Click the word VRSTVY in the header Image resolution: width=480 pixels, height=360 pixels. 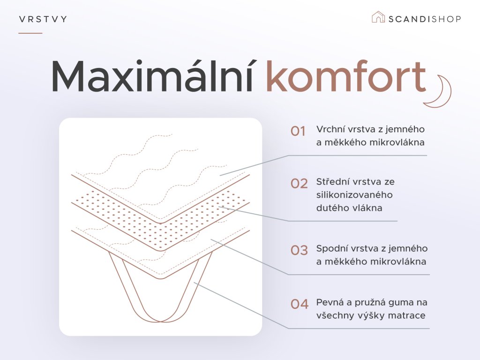pyautogui.click(x=43, y=19)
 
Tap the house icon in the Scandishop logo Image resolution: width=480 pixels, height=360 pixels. pyautogui.click(x=378, y=17)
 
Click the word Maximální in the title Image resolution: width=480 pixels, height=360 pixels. pyautogui.click(x=152, y=76)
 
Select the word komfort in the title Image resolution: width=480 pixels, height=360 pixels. pyautogui.click(x=346, y=76)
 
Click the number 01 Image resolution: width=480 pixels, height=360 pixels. pyautogui.click(x=298, y=131)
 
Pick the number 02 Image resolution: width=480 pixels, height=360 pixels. pyautogui.click(x=299, y=184)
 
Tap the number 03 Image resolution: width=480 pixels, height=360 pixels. pyautogui.click(x=299, y=250)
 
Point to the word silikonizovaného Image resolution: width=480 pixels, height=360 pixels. pyautogui.click(x=354, y=195)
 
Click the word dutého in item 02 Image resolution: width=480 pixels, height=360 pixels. pyautogui.click(x=330, y=208)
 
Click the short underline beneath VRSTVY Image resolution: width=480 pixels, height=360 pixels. pyautogui.click(x=30, y=33)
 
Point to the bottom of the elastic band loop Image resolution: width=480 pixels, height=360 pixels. pyautogui.click(x=160, y=321)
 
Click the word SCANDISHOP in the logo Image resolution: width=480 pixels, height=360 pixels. pyautogui.click(x=425, y=19)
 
